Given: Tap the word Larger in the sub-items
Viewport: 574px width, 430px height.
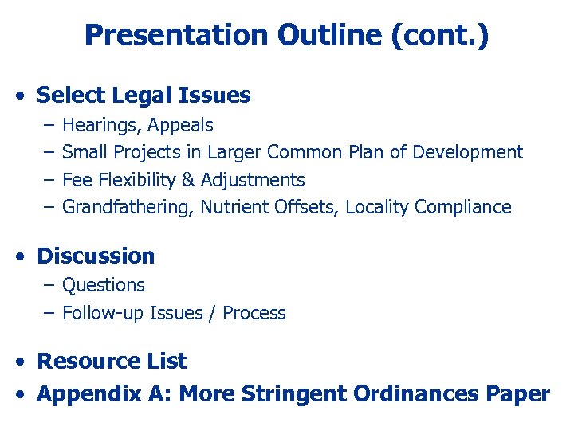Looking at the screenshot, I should tap(235, 152).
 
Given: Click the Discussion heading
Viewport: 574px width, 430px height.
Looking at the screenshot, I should tap(96, 256).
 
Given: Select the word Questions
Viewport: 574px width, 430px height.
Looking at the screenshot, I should tap(103, 285).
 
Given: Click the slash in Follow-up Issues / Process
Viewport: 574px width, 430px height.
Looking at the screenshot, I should tap(213, 313).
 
